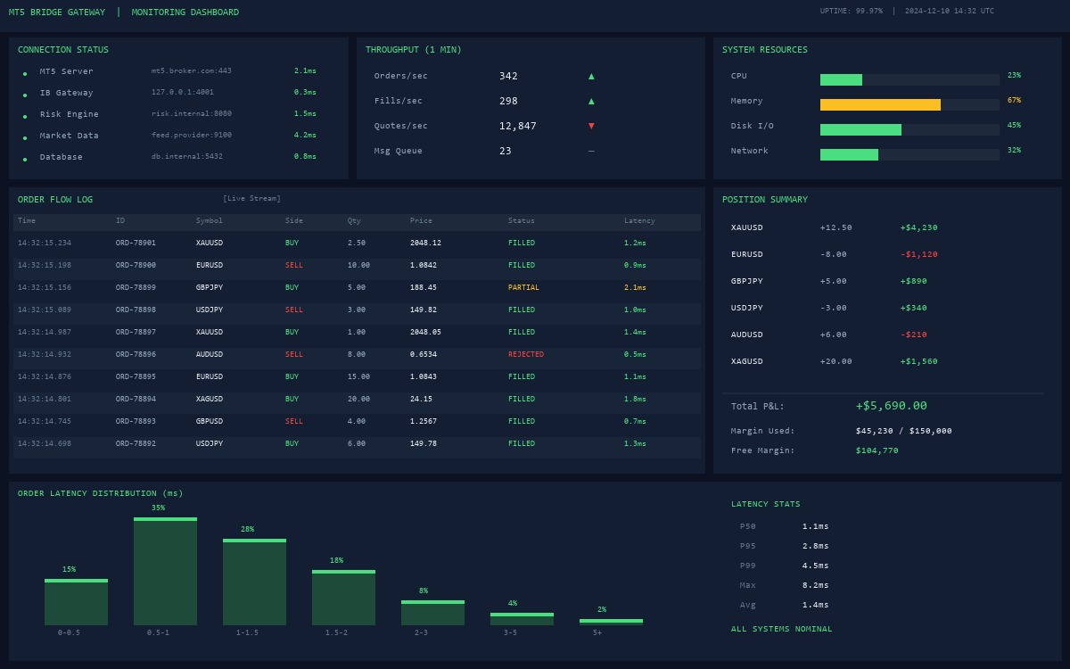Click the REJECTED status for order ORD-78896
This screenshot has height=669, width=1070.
point(525,354)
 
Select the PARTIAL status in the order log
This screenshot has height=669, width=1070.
point(523,287)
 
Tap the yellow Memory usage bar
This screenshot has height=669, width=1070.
point(880,104)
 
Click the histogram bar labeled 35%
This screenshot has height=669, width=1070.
point(165,571)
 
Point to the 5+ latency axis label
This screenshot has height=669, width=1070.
point(597,632)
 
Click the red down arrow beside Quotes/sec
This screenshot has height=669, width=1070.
point(591,126)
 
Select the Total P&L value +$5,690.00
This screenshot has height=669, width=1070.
point(891,406)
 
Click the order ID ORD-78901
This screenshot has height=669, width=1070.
point(136,243)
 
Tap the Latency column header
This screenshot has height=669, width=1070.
point(639,220)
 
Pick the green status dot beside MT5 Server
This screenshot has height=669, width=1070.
point(25,73)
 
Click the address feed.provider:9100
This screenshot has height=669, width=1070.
point(191,136)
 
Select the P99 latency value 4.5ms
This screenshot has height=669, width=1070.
point(815,566)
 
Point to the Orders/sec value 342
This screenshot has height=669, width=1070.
point(508,76)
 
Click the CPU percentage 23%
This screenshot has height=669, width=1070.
point(1014,76)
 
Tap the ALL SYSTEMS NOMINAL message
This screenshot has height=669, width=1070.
point(781,629)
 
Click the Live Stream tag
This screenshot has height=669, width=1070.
point(251,198)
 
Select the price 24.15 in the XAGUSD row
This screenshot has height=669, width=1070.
point(421,399)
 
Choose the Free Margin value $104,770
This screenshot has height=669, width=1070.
point(877,450)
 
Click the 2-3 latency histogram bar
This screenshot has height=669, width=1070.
point(432,613)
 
